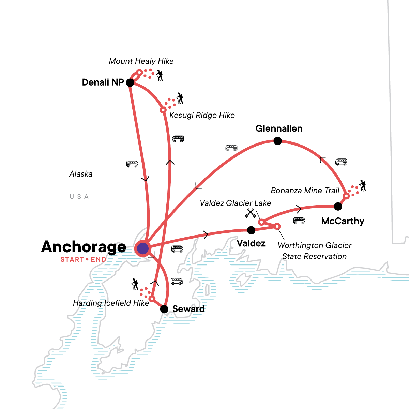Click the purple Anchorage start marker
pos(143,248)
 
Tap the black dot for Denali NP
pos(130,82)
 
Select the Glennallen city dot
pos(278,141)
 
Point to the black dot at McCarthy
pos(338,206)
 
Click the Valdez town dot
pos(251,230)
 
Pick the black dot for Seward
pos(164,309)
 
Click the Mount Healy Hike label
pos(141,61)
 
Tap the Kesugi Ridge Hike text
pos(202,115)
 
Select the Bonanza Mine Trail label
pos(305,190)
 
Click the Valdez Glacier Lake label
pos(235,203)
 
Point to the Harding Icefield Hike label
pos(111,303)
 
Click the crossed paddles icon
pos(250,213)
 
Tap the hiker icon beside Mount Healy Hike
pos(159,75)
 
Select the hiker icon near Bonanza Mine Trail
pos(362,185)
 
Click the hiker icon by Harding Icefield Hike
pos(135,284)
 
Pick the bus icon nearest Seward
pos(177,281)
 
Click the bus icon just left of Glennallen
pos(231,148)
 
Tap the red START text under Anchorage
pos(72,260)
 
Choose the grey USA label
pos(79,197)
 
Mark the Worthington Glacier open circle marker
pos(277,226)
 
